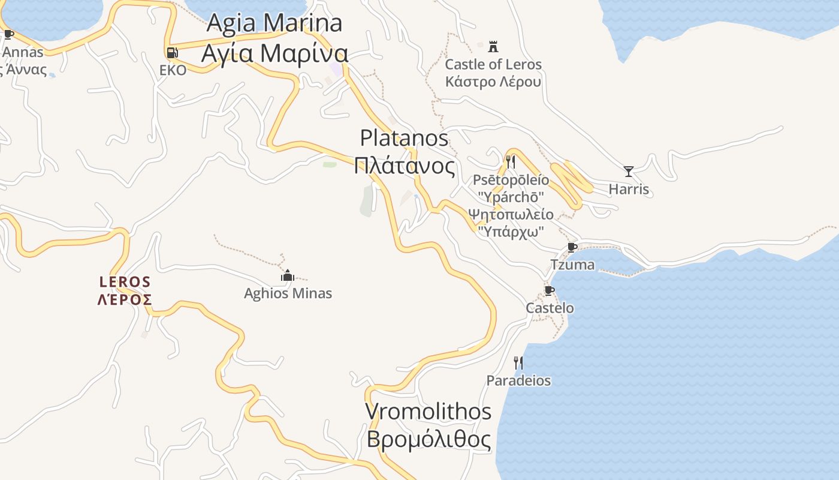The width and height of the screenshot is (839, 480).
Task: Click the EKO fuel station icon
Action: (x=173, y=52)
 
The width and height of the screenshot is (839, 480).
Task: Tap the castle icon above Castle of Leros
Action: (x=493, y=46)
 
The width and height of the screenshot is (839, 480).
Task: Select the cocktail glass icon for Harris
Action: (x=629, y=172)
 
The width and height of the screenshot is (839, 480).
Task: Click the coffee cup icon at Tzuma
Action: (x=572, y=247)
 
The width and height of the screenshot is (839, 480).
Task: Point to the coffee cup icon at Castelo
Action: (x=549, y=291)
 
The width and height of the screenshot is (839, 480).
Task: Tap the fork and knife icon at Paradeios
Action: (x=518, y=362)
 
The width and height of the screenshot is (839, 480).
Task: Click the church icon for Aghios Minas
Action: (x=288, y=275)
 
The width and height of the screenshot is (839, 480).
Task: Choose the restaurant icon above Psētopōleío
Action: (x=511, y=161)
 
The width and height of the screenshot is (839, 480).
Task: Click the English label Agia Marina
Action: (x=274, y=23)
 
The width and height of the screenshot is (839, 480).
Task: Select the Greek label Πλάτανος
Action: (x=405, y=166)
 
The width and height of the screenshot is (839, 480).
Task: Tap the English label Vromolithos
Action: (x=428, y=412)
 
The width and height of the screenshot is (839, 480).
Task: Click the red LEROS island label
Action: (x=125, y=281)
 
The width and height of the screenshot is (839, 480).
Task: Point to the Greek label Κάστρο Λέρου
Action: (x=493, y=82)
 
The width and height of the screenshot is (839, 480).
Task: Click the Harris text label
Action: (x=629, y=189)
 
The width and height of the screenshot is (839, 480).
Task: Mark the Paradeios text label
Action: (x=518, y=380)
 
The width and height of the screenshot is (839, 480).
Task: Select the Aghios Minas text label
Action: (x=288, y=293)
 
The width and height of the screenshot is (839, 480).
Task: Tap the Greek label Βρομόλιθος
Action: (x=428, y=439)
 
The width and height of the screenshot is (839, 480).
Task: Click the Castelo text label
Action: (x=550, y=308)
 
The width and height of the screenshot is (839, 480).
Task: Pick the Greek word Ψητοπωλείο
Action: (x=511, y=214)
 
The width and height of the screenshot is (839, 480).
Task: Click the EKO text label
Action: (x=173, y=70)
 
